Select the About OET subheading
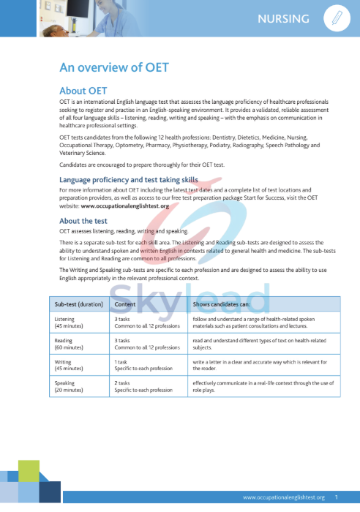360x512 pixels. pyautogui.click(x=83, y=91)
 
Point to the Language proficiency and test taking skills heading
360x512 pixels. pyautogui.click(x=129, y=179)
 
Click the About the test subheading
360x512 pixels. pyautogui.click(x=83, y=221)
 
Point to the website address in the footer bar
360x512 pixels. pyautogui.click(x=284, y=497)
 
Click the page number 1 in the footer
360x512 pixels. pyautogui.click(x=336, y=497)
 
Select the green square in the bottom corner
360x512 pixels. pyautogui.click(x=29, y=472)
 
